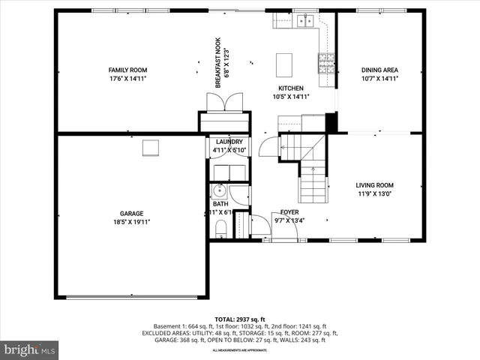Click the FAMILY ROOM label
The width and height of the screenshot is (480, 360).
click(127, 69)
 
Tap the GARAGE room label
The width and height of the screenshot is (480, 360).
click(131, 213)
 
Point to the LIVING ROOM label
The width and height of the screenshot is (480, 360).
click(374, 185)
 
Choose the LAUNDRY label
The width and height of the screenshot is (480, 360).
click(229, 142)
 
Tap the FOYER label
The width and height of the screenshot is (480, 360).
click(289, 212)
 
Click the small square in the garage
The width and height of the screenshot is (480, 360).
click(151, 147)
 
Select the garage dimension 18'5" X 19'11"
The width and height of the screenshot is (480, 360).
click(131, 222)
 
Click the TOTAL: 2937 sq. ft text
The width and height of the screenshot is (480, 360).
click(240, 319)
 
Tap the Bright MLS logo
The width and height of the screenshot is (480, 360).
click(30, 349)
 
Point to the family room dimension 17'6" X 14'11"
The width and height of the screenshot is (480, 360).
click(127, 78)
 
